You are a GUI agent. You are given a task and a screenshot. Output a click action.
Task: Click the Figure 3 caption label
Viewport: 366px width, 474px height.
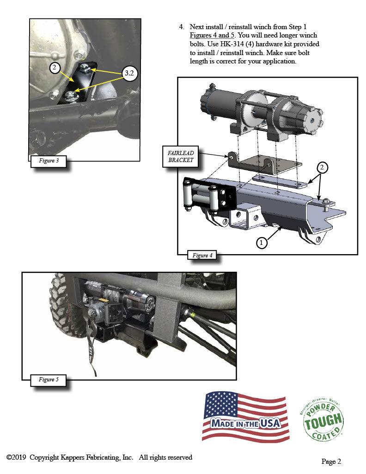coord(48,161)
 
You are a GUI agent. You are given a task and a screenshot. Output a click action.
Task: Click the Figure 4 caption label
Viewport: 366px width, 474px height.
coord(200,255)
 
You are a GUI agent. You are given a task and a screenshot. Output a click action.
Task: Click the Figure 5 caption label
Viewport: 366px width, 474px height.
coord(48,380)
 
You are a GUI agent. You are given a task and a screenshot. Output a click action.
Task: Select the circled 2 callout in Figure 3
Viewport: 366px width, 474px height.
coord(55,68)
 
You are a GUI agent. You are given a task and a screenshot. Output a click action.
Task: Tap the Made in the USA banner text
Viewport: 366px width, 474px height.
coord(246,423)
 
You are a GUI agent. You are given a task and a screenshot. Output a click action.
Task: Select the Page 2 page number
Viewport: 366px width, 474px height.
coord(331,461)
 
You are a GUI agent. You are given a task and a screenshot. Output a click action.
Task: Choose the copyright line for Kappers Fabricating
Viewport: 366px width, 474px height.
coord(99,457)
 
